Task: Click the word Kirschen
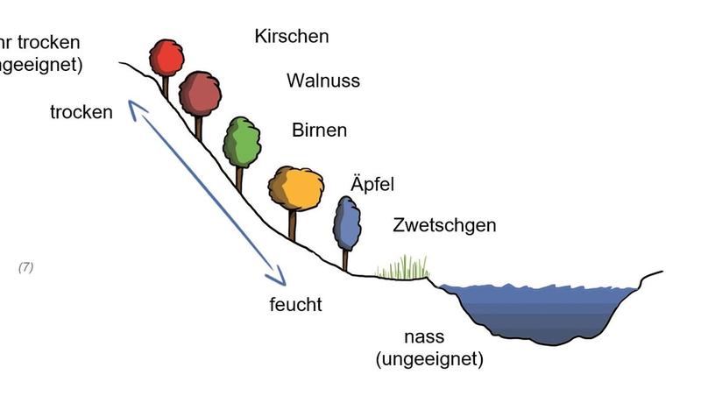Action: tap(292, 36)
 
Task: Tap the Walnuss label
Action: tap(322, 81)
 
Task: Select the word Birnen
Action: tap(319, 131)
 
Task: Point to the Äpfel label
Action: tap(372, 185)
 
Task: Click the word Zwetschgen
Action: tap(444, 225)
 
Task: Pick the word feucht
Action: tap(295, 305)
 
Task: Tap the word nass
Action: tap(424, 336)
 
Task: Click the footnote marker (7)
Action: tap(25, 267)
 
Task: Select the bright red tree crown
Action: tap(166, 58)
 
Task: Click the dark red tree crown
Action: tap(200, 94)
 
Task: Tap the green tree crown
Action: tap(242, 142)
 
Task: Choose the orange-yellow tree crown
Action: tap(296, 187)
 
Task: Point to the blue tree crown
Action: tap(347, 223)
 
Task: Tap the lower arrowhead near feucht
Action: tap(278, 279)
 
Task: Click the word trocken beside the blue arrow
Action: tap(81, 112)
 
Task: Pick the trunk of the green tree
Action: tap(239, 179)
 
